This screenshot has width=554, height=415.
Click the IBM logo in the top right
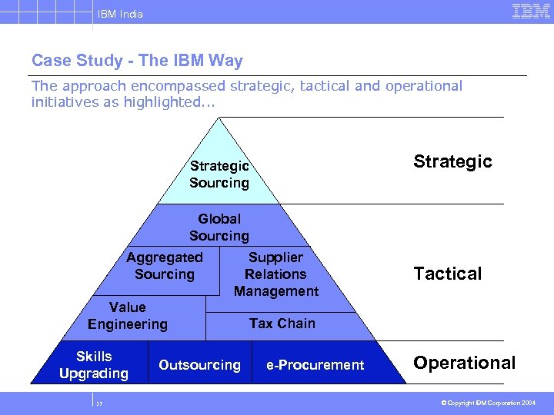pos(532,12)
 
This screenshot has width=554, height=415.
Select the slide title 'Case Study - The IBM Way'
pos(137,61)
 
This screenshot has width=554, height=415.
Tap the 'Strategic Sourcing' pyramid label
pos(219,174)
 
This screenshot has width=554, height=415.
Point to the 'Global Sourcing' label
pos(219,227)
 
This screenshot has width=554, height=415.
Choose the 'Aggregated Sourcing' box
pos(165,266)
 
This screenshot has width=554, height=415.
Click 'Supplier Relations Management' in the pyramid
pos(275,274)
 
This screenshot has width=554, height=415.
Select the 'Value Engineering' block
pos(128,316)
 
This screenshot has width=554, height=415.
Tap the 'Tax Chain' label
pos(282,324)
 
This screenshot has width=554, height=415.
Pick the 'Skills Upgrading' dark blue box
pos(94,365)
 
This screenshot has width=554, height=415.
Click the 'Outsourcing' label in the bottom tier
pos(199,365)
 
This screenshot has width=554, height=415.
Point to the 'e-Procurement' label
pos(315,365)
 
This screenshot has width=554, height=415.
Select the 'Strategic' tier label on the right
pos(452,161)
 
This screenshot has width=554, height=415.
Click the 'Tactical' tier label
pos(448,274)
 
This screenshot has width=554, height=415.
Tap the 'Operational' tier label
pos(465,363)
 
